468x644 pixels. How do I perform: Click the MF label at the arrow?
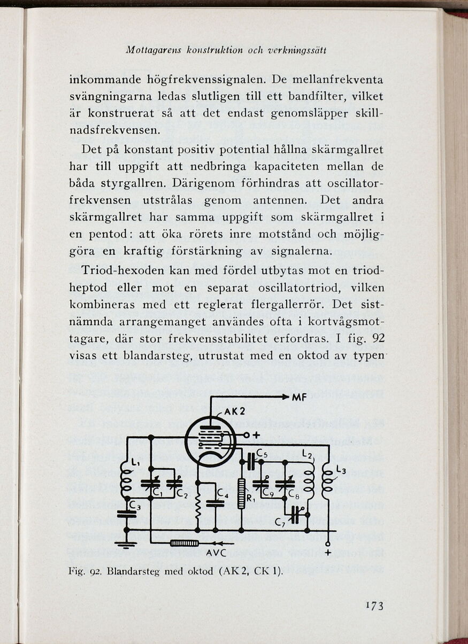pyautogui.click(x=299, y=398)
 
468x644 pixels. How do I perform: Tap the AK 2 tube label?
pyautogui.click(x=234, y=412)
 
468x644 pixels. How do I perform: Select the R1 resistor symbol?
pyautogui.click(x=241, y=493)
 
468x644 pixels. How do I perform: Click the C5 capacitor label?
pyautogui.click(x=262, y=454)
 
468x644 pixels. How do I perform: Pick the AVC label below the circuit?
pyautogui.click(x=216, y=553)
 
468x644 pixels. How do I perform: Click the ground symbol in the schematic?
pyautogui.click(x=126, y=545)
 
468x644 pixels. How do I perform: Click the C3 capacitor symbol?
pyautogui.click(x=127, y=514)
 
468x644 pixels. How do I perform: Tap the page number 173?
pyautogui.click(x=374, y=606)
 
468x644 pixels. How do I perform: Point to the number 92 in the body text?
pyautogui.click(x=378, y=339)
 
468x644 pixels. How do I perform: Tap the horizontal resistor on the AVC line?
pyautogui.click(x=185, y=544)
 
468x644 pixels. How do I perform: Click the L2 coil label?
pyautogui.click(x=307, y=454)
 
